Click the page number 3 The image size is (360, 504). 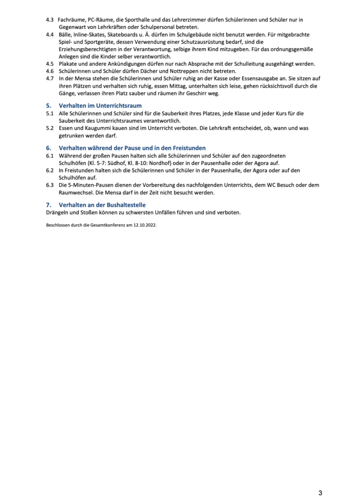[x=320, y=492]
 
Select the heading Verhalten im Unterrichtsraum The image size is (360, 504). [x=100, y=106]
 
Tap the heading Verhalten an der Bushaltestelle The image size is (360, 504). [x=102, y=205]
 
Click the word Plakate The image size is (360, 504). [x=69, y=64]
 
